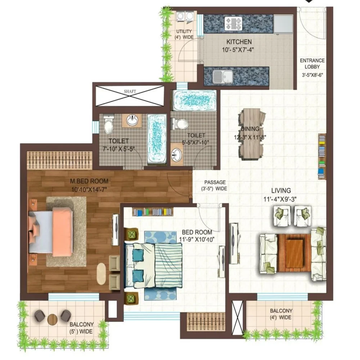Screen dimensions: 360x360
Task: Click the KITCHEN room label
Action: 239,42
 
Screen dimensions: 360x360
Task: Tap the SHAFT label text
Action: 130,91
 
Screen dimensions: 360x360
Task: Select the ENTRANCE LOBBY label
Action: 312,63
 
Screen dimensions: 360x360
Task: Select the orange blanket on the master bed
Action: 62,232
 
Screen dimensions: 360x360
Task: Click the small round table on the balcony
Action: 53,319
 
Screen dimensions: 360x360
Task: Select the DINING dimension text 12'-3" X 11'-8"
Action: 250,137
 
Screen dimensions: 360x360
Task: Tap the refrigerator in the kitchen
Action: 284,24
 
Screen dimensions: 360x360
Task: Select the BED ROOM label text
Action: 197,232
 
